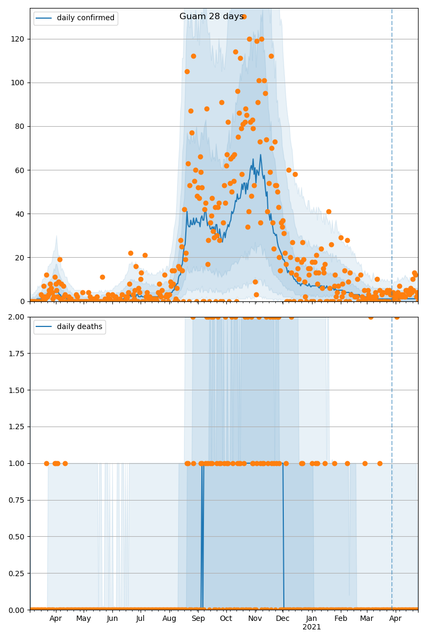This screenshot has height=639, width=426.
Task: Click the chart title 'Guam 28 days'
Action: point(211,17)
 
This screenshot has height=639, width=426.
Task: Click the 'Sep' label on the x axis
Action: point(198,619)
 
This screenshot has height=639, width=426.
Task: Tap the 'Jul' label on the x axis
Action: point(140,619)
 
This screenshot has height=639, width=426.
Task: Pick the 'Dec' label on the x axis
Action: point(283,619)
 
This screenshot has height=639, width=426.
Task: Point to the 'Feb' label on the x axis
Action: point(341,619)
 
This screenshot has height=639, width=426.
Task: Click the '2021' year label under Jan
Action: point(312,627)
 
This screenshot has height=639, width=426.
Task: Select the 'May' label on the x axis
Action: point(84,619)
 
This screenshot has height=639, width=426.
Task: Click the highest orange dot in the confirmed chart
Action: point(244,17)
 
